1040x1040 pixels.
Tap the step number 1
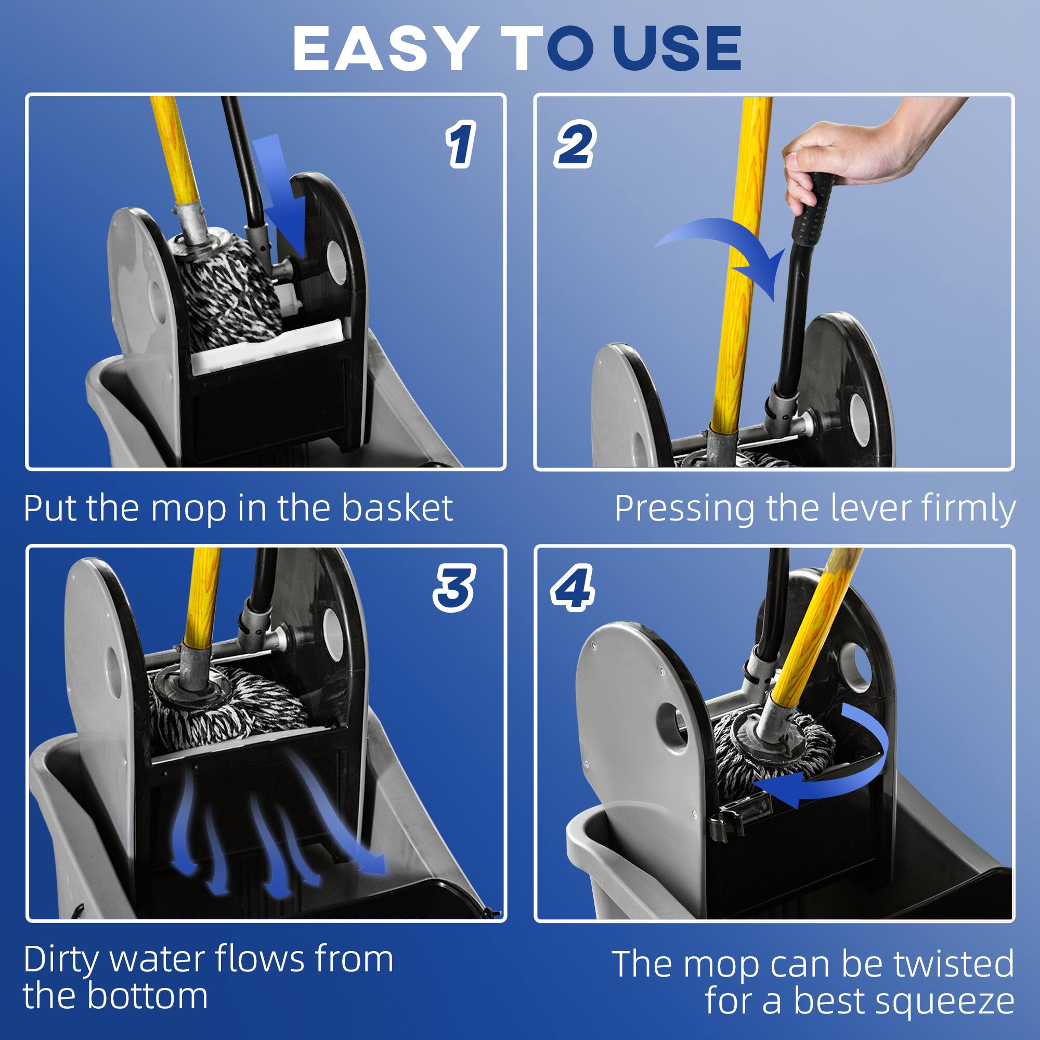(x=460, y=144)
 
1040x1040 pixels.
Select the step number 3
(x=454, y=588)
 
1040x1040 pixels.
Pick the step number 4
(x=573, y=588)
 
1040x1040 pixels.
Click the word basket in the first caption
(x=397, y=508)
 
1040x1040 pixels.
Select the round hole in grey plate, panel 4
(x=673, y=727)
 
